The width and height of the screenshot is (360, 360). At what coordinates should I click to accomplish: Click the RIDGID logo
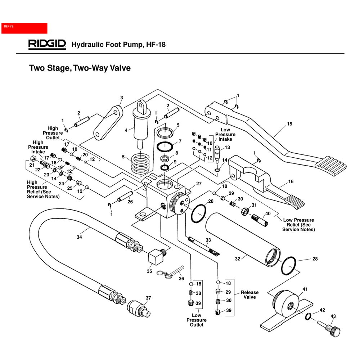[47, 44]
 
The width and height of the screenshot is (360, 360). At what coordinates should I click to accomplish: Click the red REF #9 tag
[24, 28]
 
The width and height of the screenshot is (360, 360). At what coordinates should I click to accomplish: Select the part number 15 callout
[290, 124]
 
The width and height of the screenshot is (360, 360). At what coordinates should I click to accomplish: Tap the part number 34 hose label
[79, 237]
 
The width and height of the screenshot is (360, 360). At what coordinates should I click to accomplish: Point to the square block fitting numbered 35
[156, 257]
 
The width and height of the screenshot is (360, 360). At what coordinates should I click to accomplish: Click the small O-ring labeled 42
[308, 316]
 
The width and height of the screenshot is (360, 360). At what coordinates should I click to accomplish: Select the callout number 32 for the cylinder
[237, 258]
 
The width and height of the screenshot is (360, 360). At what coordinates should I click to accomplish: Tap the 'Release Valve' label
[249, 295]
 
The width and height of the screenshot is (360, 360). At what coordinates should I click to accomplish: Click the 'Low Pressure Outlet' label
[197, 320]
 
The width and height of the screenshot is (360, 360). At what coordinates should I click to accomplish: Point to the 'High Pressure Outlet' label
[53, 133]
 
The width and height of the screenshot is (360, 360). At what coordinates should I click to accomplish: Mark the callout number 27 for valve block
[198, 183]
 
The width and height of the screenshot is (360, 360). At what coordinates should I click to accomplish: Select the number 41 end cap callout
[305, 289]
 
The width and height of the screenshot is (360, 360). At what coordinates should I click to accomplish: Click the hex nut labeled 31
[244, 210]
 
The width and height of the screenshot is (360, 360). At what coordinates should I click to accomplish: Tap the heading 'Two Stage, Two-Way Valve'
[80, 68]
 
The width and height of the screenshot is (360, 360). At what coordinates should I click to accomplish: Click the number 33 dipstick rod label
[208, 240]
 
